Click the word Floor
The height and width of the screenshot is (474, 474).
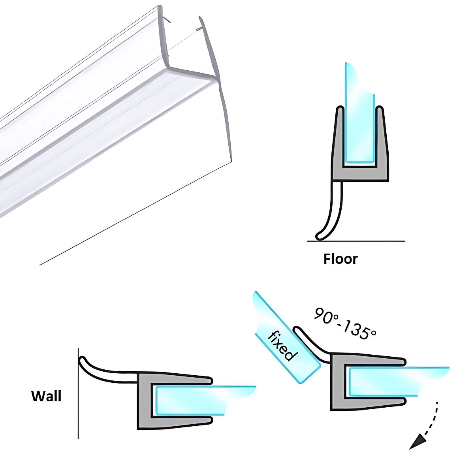[340, 259]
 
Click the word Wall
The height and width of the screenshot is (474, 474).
[46, 396]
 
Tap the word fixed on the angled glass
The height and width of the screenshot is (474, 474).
[281, 346]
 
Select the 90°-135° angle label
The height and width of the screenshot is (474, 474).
[345, 323]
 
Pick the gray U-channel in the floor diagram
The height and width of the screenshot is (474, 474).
[360, 173]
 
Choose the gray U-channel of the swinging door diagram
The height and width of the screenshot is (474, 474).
[338, 382]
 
